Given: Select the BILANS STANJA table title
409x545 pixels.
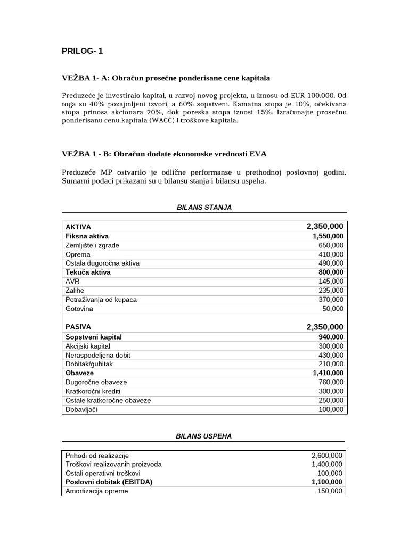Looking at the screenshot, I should click(204, 207).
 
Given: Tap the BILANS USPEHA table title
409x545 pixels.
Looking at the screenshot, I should click(204, 436).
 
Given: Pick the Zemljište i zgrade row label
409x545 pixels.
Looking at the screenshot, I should click(92, 245).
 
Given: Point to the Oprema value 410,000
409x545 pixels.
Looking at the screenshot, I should click(331, 254).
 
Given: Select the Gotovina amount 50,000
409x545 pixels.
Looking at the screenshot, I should click(333, 309).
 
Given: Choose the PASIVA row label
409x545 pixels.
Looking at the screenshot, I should click(78, 327).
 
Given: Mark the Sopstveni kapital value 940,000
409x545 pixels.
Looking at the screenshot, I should click(331, 337).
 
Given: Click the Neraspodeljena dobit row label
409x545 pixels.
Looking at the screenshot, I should click(97, 355).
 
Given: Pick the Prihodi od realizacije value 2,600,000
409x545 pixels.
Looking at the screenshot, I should click(327, 456).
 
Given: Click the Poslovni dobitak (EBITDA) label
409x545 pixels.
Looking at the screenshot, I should click(109, 482).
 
